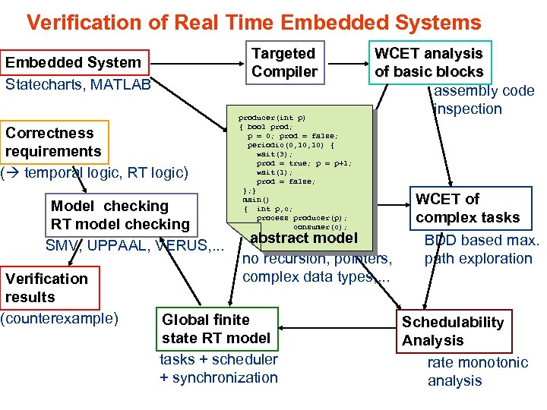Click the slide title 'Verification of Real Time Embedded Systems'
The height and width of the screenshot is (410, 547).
tap(254, 22)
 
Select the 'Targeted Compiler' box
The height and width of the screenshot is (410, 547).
tap(284, 62)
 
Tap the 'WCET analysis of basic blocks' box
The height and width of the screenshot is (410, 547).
tap(429, 62)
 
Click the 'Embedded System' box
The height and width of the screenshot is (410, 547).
tap(74, 62)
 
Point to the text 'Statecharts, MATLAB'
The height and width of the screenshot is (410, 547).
tap(78, 84)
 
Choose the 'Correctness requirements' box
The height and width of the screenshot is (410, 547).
tap(53, 142)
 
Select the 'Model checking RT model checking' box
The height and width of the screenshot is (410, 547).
tap(119, 215)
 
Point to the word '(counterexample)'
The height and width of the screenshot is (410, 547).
tap(59, 317)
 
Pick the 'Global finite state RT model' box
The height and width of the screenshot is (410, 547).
tap(216, 329)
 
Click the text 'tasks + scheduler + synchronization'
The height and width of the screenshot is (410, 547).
tap(219, 368)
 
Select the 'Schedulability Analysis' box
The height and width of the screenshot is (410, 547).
tap(453, 331)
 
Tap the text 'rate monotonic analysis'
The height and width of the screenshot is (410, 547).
tap(477, 372)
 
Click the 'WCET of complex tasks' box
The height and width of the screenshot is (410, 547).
tap(467, 208)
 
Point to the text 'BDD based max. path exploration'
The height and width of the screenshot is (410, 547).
tap(481, 250)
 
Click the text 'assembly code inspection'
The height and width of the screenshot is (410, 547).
tap(483, 99)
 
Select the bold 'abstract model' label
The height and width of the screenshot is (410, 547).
tap(304, 238)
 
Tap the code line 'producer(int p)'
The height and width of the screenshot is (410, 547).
tap(272, 118)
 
